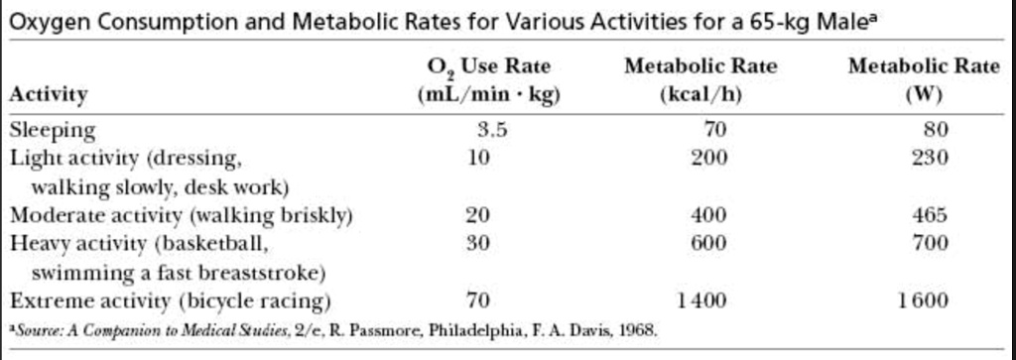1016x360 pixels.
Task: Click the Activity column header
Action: tap(49, 95)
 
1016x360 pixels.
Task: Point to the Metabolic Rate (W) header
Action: tap(924, 81)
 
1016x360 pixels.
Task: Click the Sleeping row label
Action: tap(53, 130)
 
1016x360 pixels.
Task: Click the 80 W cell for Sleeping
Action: tap(936, 130)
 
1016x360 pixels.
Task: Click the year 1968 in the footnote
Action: tap(638, 328)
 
